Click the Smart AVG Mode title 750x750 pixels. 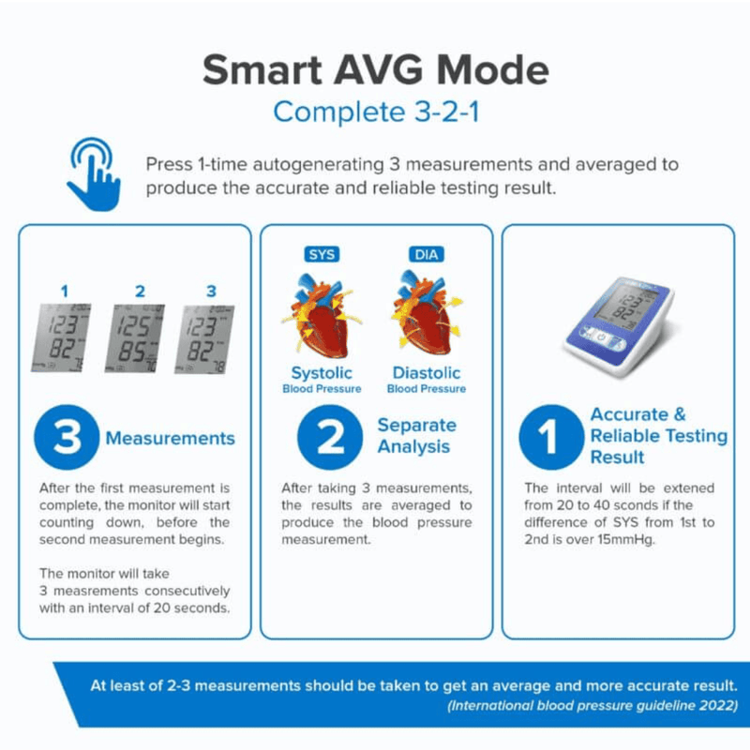coord(376,69)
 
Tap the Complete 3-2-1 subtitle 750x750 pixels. coord(376,112)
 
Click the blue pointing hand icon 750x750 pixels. coord(95,174)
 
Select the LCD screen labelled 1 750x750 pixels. coord(61,337)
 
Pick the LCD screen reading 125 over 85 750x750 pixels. coord(135,338)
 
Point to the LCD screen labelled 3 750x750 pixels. coord(204,339)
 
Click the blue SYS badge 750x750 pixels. coord(322,254)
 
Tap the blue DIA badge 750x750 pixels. coord(427,254)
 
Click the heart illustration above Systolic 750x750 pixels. coord(322,315)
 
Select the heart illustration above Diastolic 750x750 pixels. coord(427,313)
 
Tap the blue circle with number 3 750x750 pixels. coord(67,437)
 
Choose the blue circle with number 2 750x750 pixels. coord(330,437)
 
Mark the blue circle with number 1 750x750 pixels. coord(551,437)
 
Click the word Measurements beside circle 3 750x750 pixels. coord(171,439)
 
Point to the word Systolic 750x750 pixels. coord(322,373)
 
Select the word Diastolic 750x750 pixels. coord(427,373)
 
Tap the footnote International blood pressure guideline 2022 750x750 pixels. coord(592,706)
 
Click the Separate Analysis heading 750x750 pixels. coord(416,436)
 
